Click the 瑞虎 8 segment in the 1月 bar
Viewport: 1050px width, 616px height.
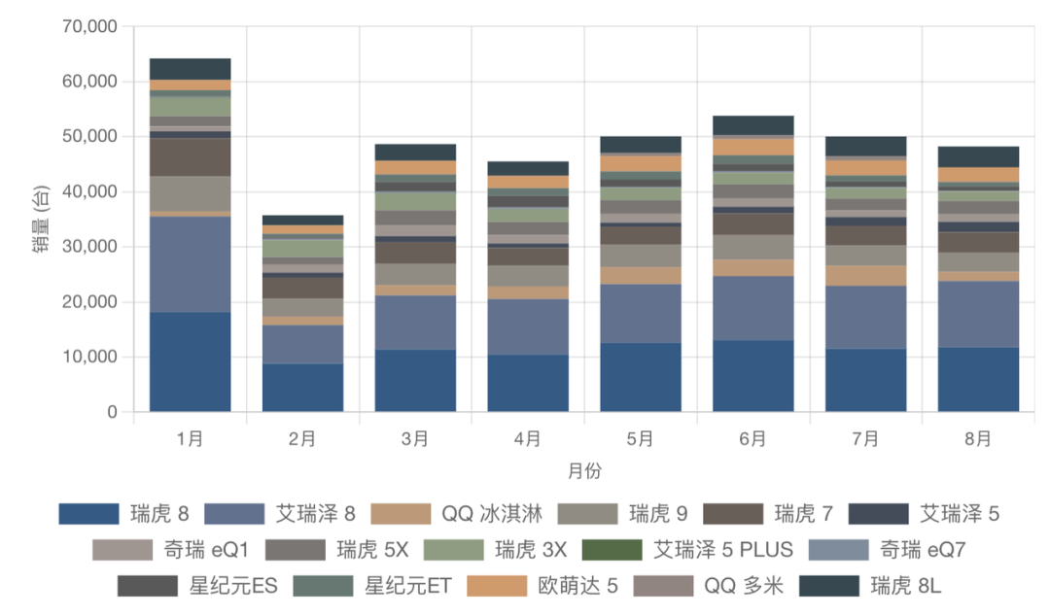tap(190, 361)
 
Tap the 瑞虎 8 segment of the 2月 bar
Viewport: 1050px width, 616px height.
tap(302, 388)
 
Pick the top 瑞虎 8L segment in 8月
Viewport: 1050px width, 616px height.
tap(978, 156)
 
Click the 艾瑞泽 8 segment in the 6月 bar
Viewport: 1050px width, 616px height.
tap(752, 308)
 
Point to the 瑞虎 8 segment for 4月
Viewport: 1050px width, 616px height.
tap(528, 383)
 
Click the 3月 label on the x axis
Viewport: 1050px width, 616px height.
tap(415, 439)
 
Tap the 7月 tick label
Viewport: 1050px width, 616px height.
tap(865, 439)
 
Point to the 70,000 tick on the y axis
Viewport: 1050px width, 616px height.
tap(88, 26)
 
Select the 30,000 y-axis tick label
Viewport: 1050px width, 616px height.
tap(88, 247)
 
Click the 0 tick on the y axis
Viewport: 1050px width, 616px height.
tap(112, 412)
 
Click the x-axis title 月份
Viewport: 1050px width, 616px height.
tap(584, 471)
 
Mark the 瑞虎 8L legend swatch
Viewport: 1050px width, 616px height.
tap(829, 586)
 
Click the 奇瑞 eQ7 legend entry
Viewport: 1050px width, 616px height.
tap(922, 550)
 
